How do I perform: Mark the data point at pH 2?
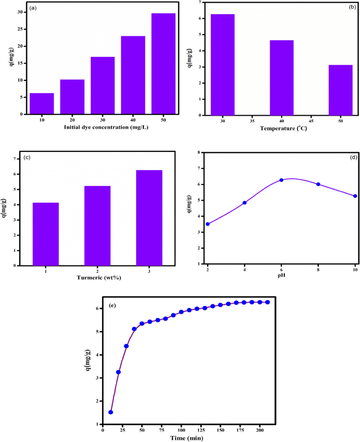208,224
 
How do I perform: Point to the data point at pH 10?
355,196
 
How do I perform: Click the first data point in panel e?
110,412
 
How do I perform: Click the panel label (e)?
112,305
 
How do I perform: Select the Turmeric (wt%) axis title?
98,278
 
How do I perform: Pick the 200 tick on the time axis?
260,430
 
